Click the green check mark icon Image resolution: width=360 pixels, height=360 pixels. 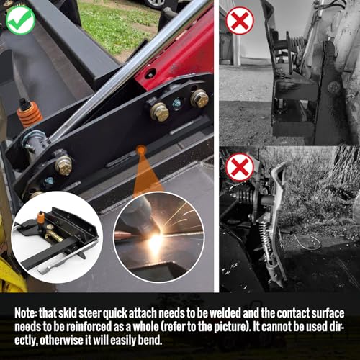[x=21, y=20]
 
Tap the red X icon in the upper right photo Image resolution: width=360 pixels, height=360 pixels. [x=240, y=21]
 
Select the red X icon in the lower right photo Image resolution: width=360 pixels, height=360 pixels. [x=240, y=168]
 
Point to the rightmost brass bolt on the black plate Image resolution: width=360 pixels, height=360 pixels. [x=199, y=99]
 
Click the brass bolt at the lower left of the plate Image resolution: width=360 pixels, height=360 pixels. [x=63, y=165]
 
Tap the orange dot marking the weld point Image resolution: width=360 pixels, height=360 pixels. [x=141, y=150]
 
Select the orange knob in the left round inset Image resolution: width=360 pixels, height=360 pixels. [x=41, y=218]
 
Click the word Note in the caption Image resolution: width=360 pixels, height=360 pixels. [x=26, y=313]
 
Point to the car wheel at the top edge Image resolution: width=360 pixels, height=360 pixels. [x=157, y=4]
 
